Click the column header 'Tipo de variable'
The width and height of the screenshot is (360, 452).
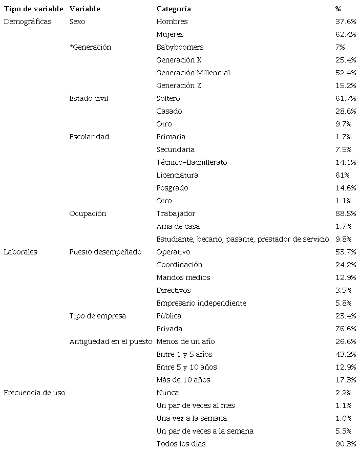33,9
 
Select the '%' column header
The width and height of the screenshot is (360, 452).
338,9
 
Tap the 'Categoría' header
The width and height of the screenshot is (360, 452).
174,9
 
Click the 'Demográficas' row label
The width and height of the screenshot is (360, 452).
28,21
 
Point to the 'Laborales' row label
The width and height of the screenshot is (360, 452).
20,252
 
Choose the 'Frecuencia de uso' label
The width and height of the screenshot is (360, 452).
34,393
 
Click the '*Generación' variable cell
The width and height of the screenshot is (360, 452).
90,47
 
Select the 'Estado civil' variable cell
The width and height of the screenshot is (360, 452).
89,98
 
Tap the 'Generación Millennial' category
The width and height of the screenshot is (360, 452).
193,73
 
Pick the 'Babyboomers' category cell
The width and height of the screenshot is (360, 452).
180,47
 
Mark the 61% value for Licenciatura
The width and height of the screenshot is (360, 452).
341,175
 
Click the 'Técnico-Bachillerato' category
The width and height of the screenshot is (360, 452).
192,162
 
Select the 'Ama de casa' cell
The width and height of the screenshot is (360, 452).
178,226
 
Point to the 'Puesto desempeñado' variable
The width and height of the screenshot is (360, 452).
105,252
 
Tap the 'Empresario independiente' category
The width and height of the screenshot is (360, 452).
201,303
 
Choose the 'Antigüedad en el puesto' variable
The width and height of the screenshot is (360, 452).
111,341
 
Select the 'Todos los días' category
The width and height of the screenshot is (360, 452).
181,444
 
